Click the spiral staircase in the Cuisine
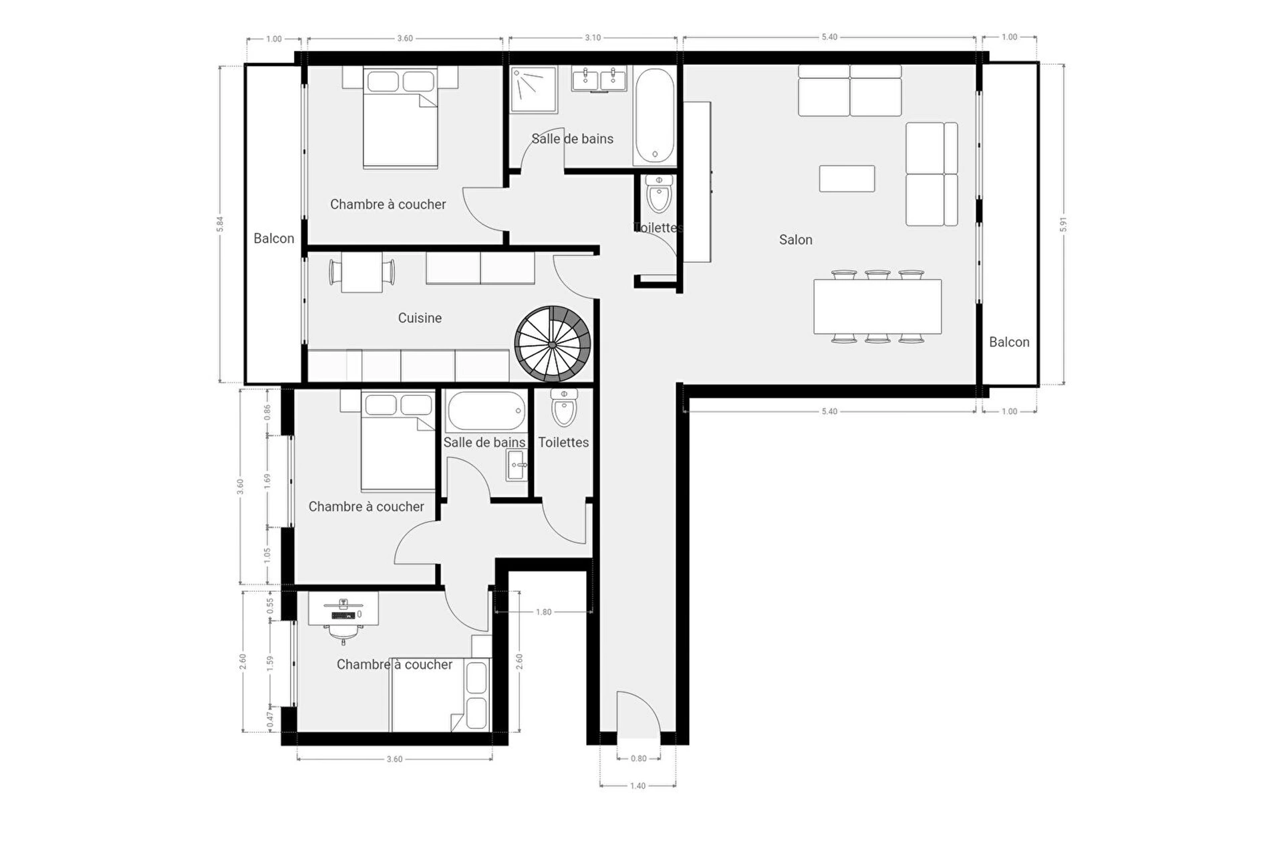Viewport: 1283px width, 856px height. pyautogui.click(x=553, y=344)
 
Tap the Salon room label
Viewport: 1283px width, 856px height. pyautogui.click(x=795, y=239)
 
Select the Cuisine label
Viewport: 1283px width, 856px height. pyautogui.click(x=420, y=318)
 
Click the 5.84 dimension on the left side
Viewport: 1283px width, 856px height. pyautogui.click(x=220, y=224)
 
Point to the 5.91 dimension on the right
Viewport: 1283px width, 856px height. pyautogui.click(x=1063, y=225)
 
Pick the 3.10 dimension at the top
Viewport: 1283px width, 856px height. pyautogui.click(x=593, y=38)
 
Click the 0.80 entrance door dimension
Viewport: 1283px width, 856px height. pyautogui.click(x=639, y=758)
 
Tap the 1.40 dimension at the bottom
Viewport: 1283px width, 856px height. pyautogui.click(x=638, y=786)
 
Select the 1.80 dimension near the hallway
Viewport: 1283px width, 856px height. pyautogui.click(x=544, y=612)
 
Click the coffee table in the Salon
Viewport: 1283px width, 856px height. pyautogui.click(x=847, y=179)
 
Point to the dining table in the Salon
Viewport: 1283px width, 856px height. pyautogui.click(x=877, y=306)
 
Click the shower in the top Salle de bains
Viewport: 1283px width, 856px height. pyautogui.click(x=533, y=89)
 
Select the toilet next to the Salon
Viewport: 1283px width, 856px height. pyautogui.click(x=659, y=193)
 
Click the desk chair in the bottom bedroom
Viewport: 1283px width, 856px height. pyautogui.click(x=343, y=632)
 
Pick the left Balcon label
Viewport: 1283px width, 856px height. pyautogui.click(x=274, y=238)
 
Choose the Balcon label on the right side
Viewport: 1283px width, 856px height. pyautogui.click(x=1009, y=342)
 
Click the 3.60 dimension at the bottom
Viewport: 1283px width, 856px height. pyautogui.click(x=395, y=759)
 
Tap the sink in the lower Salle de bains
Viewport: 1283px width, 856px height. pyautogui.click(x=517, y=465)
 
